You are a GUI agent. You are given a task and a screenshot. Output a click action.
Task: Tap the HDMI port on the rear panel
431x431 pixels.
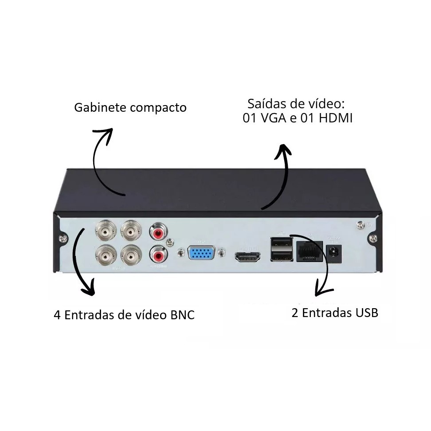coord(247,256)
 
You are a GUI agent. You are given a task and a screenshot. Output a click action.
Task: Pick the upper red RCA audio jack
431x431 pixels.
coord(158,232)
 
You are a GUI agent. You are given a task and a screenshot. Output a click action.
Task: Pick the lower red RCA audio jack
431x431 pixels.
coord(158,255)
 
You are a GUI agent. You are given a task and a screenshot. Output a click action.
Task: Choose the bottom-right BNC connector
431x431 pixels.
coord(131,255)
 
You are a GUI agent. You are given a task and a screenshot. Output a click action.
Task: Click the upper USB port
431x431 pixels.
coord(282,243)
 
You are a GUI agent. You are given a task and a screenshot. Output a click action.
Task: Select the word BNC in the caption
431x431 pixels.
coord(182,315)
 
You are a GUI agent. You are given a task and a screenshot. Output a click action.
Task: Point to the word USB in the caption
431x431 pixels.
coord(367,313)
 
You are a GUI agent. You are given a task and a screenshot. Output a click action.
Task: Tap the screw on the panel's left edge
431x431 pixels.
coord(64,239)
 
